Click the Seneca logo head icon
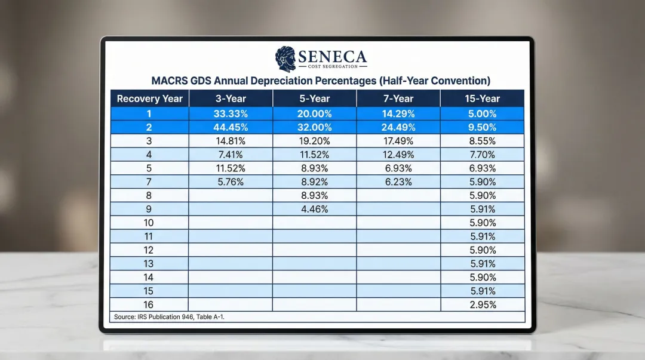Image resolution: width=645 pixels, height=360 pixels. (285, 59)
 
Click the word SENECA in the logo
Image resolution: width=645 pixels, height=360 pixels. (332, 57)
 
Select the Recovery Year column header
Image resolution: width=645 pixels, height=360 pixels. (149, 99)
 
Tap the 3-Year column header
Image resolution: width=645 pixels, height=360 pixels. (231, 99)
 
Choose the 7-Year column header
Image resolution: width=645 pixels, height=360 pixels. (398, 99)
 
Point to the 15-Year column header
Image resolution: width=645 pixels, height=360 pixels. (483, 99)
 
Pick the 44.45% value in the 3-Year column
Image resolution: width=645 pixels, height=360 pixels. (231, 127)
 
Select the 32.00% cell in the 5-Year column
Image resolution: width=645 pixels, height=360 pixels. (315, 127)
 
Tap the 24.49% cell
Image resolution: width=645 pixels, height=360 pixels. (398, 127)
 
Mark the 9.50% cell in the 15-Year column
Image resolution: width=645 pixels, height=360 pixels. (483, 127)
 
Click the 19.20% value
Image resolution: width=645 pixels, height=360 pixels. (315, 141)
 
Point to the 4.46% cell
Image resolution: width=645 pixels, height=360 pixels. (315, 209)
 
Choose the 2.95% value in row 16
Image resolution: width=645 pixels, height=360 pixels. (483, 304)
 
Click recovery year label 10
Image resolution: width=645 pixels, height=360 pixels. (149, 223)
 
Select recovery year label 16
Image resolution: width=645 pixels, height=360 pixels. (149, 304)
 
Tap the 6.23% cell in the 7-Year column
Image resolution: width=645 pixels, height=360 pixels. (398, 182)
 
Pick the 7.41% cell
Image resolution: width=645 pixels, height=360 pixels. (231, 155)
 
